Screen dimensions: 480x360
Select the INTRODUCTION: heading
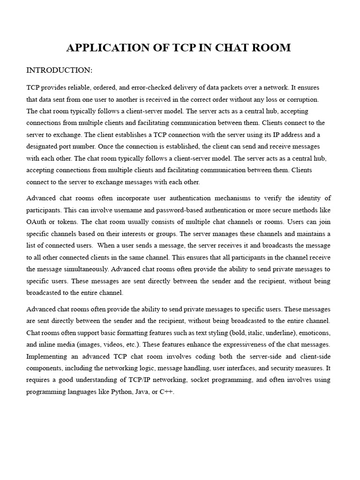coord(59,70)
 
